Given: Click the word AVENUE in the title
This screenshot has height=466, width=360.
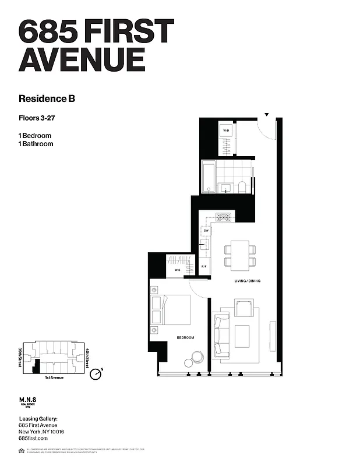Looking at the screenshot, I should pyautogui.click(x=82, y=59).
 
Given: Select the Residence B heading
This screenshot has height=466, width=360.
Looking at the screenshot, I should pyautogui.click(x=47, y=98).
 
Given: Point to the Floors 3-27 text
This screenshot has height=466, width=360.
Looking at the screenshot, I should pyautogui.click(x=39, y=119).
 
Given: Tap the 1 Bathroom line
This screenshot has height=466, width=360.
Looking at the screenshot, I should pyautogui.click(x=36, y=144).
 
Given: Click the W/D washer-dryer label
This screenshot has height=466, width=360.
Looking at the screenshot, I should pyautogui.click(x=226, y=131).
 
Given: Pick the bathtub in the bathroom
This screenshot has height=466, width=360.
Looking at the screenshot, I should pyautogui.click(x=209, y=177).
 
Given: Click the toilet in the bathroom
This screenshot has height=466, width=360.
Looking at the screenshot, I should pyautogui.click(x=242, y=186).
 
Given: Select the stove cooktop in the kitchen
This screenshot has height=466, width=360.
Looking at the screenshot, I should pyautogui.click(x=224, y=217).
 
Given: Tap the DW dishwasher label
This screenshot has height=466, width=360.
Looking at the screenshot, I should pyautogui.click(x=206, y=231).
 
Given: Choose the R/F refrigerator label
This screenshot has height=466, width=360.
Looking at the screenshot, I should pyautogui.click(x=204, y=267).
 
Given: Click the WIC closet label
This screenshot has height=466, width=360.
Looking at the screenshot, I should pyautogui.click(x=177, y=270).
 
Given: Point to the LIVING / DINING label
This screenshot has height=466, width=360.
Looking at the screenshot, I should pyautogui.click(x=247, y=281).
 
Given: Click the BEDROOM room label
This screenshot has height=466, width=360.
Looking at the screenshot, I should pyautogui.click(x=185, y=338).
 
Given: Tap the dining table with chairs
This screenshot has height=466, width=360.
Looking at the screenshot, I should pyautogui.click(x=239, y=255).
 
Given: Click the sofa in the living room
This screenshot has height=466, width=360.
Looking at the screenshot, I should pyautogui.click(x=221, y=335).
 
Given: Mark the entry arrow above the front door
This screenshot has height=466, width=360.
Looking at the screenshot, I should pyautogui.click(x=267, y=115).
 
